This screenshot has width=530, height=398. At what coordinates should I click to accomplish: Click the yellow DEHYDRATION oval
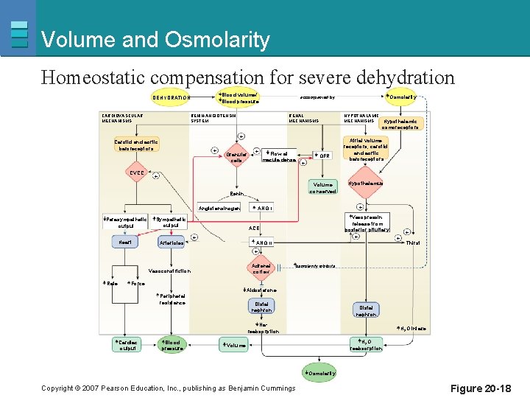(x=172, y=97)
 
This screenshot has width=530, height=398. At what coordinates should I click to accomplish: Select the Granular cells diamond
(x=236, y=156)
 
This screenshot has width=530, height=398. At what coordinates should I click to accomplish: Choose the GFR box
(x=322, y=156)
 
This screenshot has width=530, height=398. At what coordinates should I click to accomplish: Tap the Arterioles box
(x=172, y=242)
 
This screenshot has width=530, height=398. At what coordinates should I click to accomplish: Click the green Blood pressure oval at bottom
(x=172, y=344)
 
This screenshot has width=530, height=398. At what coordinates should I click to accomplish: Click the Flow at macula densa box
(x=278, y=155)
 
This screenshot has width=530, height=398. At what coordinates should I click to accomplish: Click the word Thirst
(x=413, y=242)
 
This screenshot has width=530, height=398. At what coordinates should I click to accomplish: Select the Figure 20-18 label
(x=481, y=388)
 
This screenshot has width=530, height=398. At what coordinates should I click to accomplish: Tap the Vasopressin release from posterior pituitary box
(x=367, y=223)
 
